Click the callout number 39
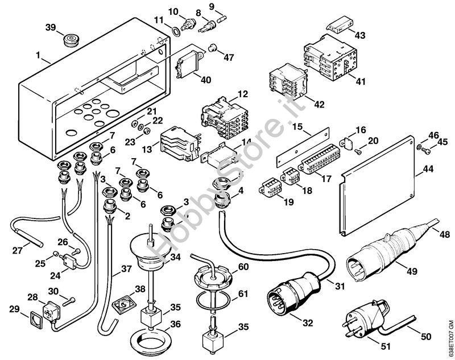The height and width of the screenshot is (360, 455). click(51, 28)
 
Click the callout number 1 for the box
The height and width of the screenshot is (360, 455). click(37, 57)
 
